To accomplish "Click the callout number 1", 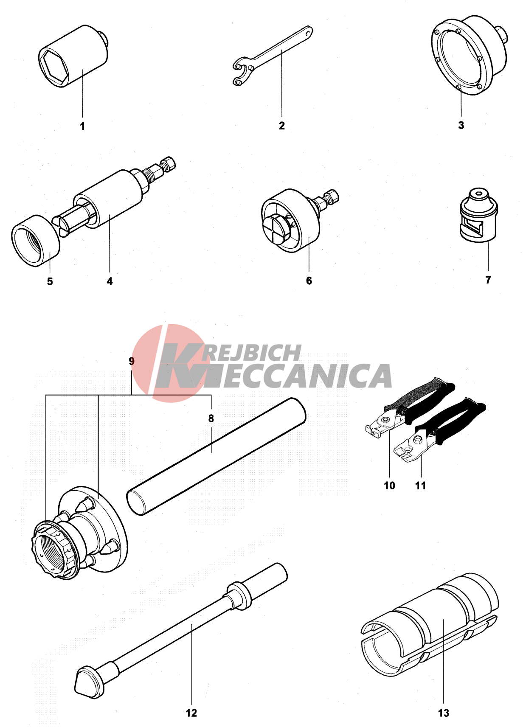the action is click(x=82, y=126).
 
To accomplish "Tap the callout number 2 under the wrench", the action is click(x=281, y=125).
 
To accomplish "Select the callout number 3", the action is click(x=461, y=125).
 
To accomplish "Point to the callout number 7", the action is click(x=488, y=279).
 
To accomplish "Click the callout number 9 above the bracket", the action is click(x=132, y=361).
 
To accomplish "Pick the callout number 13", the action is click(x=444, y=713).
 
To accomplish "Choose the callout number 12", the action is click(x=191, y=713).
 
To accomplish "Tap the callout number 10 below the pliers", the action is click(x=389, y=486).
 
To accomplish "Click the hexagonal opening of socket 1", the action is click(x=54, y=67).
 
